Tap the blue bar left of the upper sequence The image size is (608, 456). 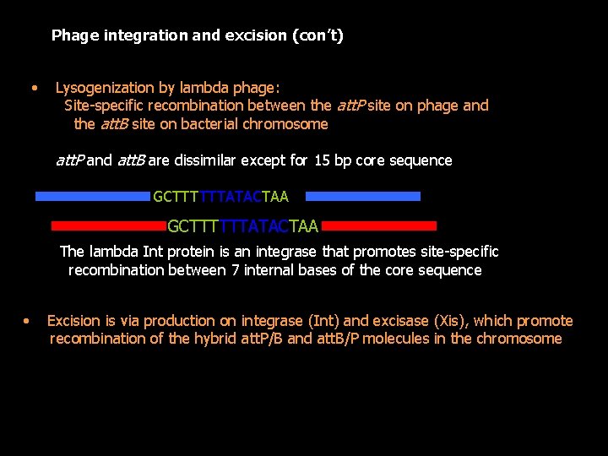click(x=92, y=197)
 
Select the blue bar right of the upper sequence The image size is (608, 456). click(x=362, y=197)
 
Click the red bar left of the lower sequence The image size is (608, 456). click(x=109, y=226)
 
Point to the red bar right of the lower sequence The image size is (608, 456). click(x=379, y=226)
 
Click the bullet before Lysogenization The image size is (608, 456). click(x=34, y=88)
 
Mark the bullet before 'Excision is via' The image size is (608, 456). click(x=26, y=321)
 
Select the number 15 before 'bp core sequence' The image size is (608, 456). click(x=322, y=160)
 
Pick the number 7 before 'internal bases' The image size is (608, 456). click(x=236, y=271)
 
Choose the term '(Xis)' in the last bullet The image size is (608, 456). click(x=453, y=321)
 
